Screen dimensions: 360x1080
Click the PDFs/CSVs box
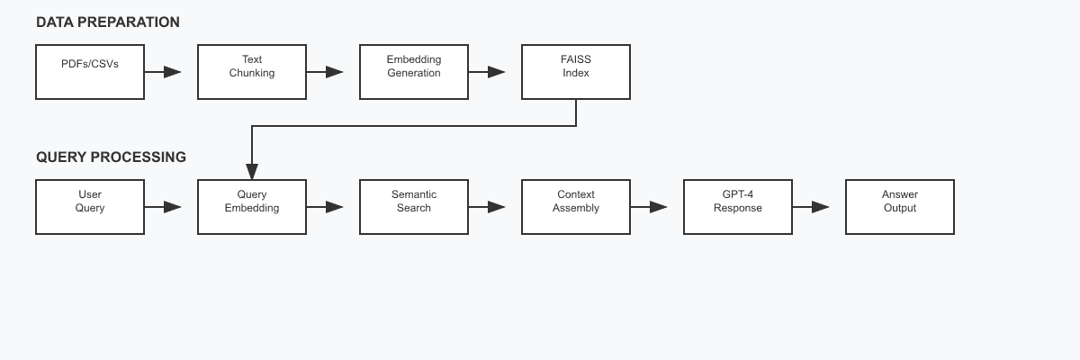click(x=90, y=72)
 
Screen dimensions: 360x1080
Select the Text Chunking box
click(x=252, y=72)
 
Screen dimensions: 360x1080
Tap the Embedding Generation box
click(x=414, y=72)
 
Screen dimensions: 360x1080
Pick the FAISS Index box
click(x=576, y=72)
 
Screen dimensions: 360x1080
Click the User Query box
click(x=90, y=207)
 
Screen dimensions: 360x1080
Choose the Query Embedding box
click(x=252, y=207)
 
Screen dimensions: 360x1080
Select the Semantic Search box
click(x=414, y=207)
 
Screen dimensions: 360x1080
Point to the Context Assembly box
click(x=576, y=207)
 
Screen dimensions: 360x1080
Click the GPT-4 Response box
click(x=738, y=207)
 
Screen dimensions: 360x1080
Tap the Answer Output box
click(x=900, y=207)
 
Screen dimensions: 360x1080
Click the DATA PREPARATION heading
click(x=108, y=22)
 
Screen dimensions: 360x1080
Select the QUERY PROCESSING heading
click(x=112, y=157)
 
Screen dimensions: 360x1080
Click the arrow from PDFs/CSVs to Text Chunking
click(x=163, y=72)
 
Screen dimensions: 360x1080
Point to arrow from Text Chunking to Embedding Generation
click(x=325, y=72)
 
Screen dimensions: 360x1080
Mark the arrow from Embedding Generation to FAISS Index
click(x=487, y=72)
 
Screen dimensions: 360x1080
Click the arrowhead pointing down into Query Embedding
click(x=252, y=171)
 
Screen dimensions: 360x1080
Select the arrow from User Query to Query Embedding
click(x=163, y=207)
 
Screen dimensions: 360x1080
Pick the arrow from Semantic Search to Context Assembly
click(x=487, y=207)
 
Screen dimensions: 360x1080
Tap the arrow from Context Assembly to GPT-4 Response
click(x=649, y=207)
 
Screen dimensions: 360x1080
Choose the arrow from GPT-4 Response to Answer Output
click(x=811, y=207)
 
